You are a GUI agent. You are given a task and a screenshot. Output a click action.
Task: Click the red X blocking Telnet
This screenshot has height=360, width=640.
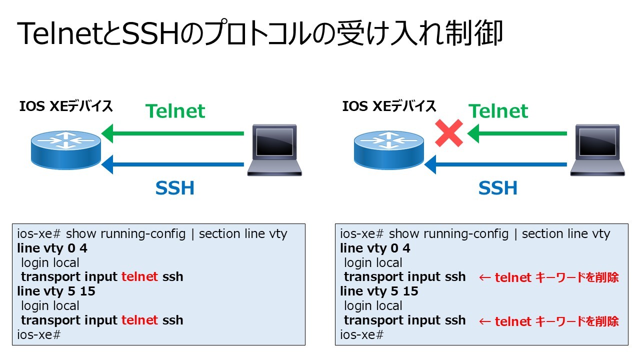[449, 133]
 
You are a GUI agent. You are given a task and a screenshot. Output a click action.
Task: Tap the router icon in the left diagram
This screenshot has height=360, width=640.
[66, 150]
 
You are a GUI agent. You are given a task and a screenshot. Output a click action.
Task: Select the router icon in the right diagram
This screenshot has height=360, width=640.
[389, 150]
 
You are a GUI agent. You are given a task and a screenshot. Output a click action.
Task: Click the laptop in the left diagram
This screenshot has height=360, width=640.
[274, 150]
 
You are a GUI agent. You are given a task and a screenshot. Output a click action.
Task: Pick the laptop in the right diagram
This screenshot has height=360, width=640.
[597, 150]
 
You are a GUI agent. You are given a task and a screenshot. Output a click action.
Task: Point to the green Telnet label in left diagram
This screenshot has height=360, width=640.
[175, 111]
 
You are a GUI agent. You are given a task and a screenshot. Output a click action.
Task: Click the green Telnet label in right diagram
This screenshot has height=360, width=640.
[498, 111]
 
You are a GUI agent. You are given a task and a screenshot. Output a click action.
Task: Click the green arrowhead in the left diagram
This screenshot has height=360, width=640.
[107, 133]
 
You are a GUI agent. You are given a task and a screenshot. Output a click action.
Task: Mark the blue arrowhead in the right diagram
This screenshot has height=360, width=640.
[430, 164]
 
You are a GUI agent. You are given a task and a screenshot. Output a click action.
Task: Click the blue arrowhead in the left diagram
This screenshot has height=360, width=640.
[107, 164]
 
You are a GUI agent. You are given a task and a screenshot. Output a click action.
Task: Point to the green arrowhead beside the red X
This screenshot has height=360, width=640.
[473, 133]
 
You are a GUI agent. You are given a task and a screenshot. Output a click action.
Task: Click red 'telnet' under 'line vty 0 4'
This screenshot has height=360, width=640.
[139, 276]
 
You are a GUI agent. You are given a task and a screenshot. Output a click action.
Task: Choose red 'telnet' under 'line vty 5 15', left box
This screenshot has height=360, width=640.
[139, 320]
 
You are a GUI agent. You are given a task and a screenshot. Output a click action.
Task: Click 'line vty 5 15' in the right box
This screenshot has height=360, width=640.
[379, 291]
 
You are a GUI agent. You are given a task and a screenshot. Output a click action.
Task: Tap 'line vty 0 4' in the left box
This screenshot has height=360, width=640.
[52, 248]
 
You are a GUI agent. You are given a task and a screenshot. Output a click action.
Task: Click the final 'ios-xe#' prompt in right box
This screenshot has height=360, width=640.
[361, 335]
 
